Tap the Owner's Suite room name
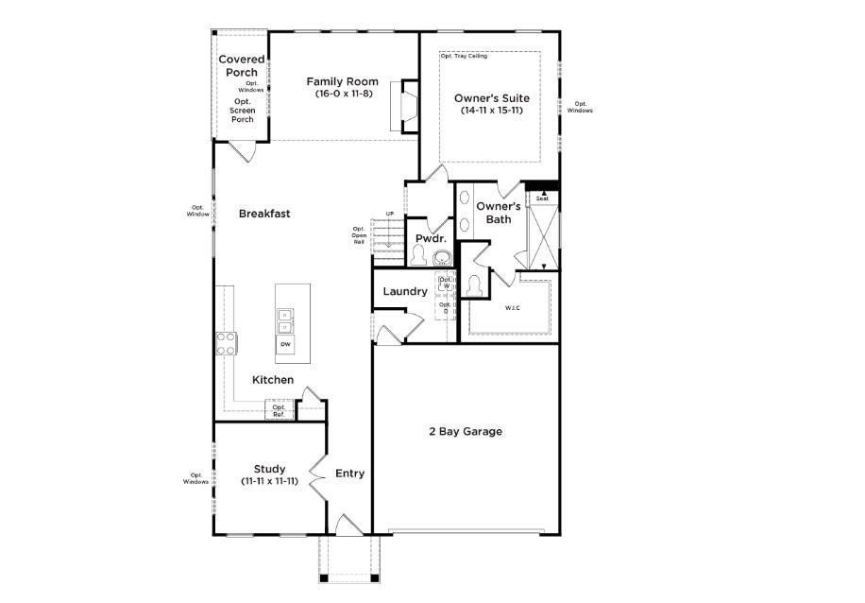click(491, 97)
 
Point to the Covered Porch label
click(242, 65)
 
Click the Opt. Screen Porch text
click(242, 111)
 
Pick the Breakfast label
click(263, 214)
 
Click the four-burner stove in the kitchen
click(227, 343)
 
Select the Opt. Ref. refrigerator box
click(279, 411)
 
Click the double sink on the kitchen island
click(284, 320)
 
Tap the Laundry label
click(404, 291)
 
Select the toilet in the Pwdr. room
click(418, 255)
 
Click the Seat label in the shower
click(542, 198)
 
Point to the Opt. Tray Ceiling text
click(463, 56)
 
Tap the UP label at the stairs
click(389, 214)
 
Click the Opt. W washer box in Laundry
click(445, 283)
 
